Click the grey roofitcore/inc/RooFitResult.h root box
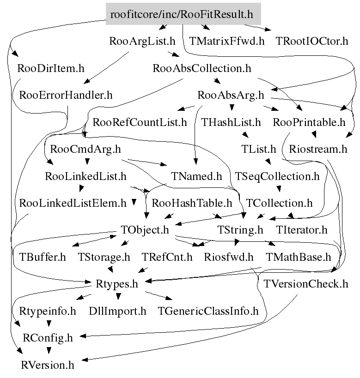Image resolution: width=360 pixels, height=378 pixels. coord(183,14)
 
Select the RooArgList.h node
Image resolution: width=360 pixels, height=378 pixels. coord(142,41)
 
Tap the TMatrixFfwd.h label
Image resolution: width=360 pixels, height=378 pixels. coord(227,41)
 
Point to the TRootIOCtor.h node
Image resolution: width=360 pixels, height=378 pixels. coord(311,41)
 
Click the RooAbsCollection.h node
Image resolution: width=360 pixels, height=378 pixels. coord(201,68)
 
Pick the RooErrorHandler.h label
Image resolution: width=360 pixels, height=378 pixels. coord(66,95)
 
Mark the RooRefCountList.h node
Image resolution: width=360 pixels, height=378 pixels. coord(140,122)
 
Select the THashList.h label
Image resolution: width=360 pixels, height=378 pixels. coord(231,122)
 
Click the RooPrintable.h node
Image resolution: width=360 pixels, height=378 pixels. coord(309,122)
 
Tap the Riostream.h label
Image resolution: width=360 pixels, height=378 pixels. coord(318,149)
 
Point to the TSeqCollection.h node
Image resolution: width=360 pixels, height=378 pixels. coord(277,176)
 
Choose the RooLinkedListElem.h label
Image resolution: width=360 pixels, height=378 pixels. coord(73,203)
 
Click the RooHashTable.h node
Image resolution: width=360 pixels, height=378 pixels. coord(192,203)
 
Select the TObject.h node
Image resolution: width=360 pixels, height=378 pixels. coord(145,230)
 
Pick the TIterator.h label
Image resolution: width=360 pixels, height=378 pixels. coord(301,230)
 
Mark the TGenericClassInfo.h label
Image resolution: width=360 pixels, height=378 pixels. coord(208,311)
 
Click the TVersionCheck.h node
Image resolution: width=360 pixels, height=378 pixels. coord(305,283)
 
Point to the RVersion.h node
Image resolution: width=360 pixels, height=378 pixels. coord(48,365)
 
